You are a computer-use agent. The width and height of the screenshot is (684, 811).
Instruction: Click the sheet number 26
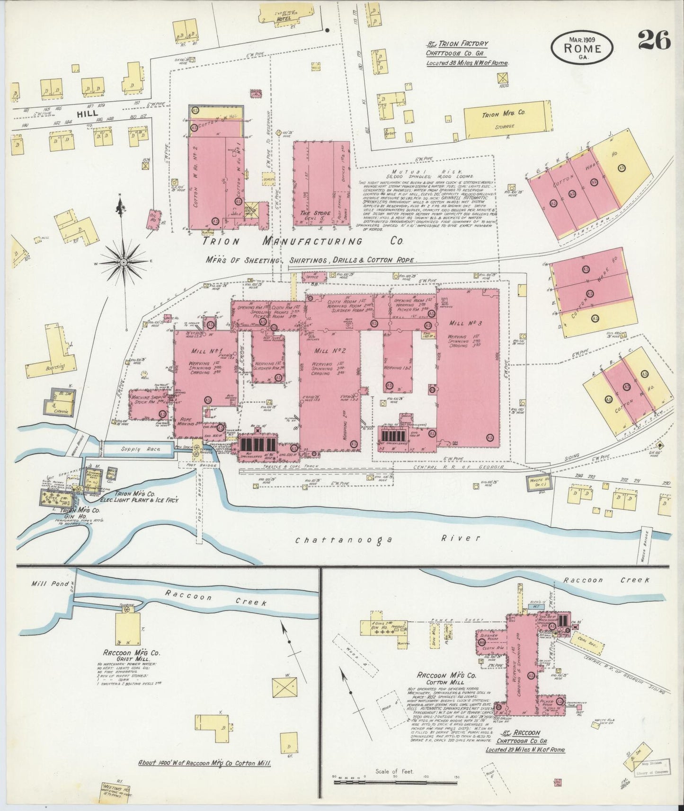tap(654, 40)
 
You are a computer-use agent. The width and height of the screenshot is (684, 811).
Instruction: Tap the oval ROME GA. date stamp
tap(582, 47)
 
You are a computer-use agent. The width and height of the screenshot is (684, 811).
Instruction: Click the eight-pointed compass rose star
tap(124, 262)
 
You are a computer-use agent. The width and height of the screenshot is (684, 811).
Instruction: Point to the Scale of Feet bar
tap(395, 783)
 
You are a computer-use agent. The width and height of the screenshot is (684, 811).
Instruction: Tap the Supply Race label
tap(147, 449)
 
